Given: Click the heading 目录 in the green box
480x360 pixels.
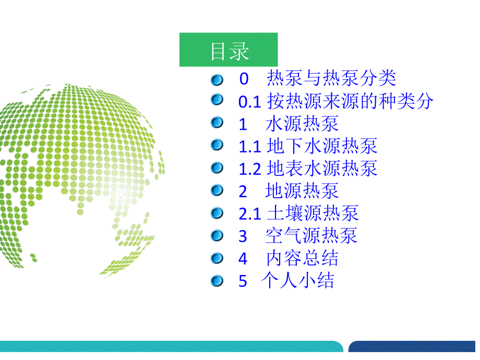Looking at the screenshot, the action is (230, 52).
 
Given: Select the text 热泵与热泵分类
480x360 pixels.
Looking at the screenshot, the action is (331, 78).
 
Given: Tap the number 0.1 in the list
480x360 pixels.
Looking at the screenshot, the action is (250, 102).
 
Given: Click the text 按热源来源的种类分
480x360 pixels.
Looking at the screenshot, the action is (351, 101).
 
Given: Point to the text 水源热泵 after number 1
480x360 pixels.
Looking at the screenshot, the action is (302, 124).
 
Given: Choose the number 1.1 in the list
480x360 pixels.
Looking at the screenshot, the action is (250, 147).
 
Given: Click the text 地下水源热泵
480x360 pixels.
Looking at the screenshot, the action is (322, 146).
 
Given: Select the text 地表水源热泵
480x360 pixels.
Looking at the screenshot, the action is (322, 169).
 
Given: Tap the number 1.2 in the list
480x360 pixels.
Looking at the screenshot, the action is (250, 169).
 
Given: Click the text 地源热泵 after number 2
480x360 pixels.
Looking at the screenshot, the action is (302, 191).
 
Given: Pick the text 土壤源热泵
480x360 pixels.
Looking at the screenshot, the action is (313, 213).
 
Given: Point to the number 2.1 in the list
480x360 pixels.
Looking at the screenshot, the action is (250, 214).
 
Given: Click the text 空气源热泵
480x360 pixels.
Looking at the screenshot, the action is (311, 236).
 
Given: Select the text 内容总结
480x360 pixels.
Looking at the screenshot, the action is (302, 258).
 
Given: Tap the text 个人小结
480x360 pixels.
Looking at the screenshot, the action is (297, 280).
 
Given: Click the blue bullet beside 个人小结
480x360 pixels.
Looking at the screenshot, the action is (217, 280).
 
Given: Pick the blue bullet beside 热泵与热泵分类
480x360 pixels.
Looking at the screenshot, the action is (217, 80).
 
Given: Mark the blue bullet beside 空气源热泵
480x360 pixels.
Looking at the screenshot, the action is (217, 235).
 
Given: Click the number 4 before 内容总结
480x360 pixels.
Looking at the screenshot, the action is (243, 259).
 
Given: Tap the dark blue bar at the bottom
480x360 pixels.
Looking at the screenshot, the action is (412, 347).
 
